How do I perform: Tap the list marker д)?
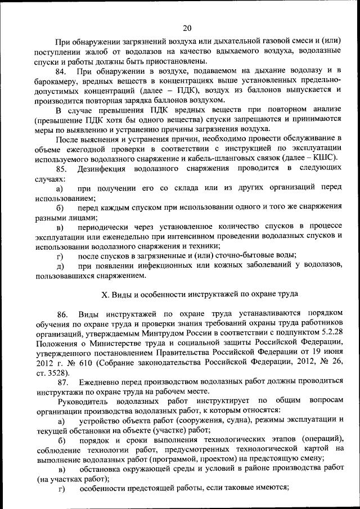pos(60,266)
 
